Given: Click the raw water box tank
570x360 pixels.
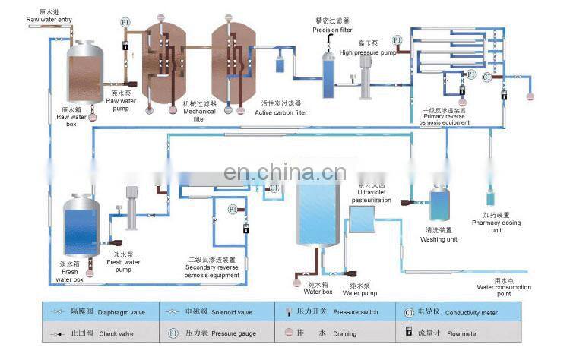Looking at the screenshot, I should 86,72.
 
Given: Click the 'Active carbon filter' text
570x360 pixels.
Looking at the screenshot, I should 281,112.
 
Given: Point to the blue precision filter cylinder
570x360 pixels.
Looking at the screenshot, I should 328,72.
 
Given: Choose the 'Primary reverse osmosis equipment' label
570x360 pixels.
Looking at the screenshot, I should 449,120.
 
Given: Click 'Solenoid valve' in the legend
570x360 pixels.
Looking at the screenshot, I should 229,311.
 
